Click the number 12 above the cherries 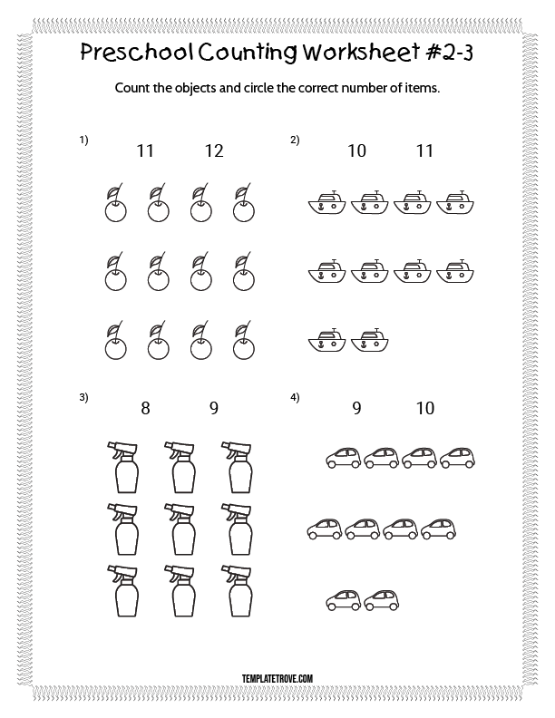pyautogui.click(x=214, y=150)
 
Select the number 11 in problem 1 pyautogui.click(x=145, y=150)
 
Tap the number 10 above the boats pyautogui.click(x=356, y=150)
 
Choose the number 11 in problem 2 pyautogui.click(x=424, y=150)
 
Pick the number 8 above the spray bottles pyautogui.click(x=145, y=408)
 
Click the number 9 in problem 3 pyautogui.click(x=214, y=408)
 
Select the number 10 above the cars pyautogui.click(x=425, y=408)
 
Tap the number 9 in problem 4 pyautogui.click(x=356, y=408)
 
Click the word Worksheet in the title pyautogui.click(x=361, y=52)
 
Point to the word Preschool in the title pyautogui.click(x=136, y=52)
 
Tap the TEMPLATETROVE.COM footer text pyautogui.click(x=277, y=678)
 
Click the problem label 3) pyautogui.click(x=83, y=397)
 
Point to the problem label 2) pyautogui.click(x=295, y=140)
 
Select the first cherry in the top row pyautogui.click(x=115, y=203)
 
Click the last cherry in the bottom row pyautogui.click(x=244, y=340)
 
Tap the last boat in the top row pyautogui.click(x=455, y=202)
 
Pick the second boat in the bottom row pyautogui.click(x=369, y=340)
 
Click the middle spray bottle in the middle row pyautogui.click(x=180, y=529)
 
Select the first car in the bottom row pyautogui.click(x=344, y=600)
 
